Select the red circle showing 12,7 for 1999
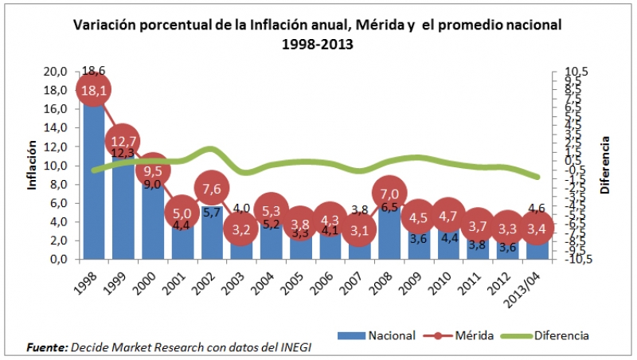(123, 140)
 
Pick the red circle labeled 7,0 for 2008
(389, 194)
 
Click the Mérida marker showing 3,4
(536, 228)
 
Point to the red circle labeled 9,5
(153, 170)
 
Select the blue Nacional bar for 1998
(94, 183)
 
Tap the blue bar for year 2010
(448, 243)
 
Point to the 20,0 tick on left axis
(53, 72)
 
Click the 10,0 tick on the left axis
(53, 166)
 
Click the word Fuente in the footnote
(45, 348)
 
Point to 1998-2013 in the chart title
(317, 44)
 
